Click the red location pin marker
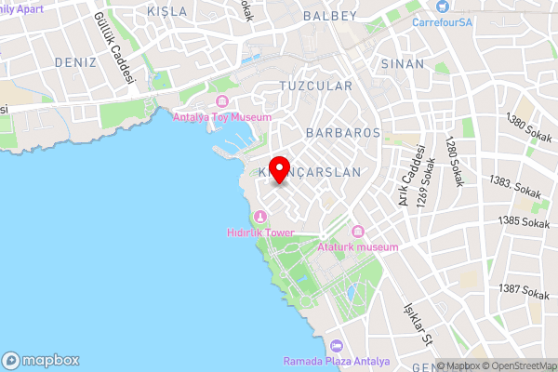pyautogui.click(x=279, y=162)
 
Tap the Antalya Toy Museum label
pyautogui.click(x=222, y=117)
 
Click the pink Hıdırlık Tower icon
pyautogui.click(x=257, y=218)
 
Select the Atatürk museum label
pyautogui.click(x=358, y=246)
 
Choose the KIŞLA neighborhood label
pyautogui.click(x=167, y=11)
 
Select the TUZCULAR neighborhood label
pyautogui.click(x=315, y=86)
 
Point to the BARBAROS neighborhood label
pyautogui.click(x=342, y=133)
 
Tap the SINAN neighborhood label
pyautogui.click(x=403, y=63)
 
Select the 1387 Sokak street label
pyautogui.click(x=524, y=292)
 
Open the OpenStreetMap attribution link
pyautogui.click(x=516, y=365)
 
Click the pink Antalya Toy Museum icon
pyautogui.click(x=221, y=100)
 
